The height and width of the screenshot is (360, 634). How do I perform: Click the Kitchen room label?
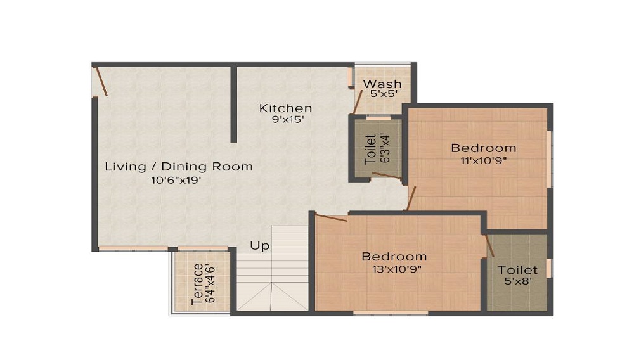(x=285, y=108)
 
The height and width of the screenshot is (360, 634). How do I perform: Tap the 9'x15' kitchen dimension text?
(x=285, y=119)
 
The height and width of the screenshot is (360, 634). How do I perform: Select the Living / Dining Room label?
(x=179, y=167)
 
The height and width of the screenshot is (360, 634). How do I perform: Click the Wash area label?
(x=382, y=84)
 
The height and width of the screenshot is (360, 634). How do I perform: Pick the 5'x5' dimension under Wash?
(x=383, y=94)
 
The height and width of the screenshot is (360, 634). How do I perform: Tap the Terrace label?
(x=197, y=283)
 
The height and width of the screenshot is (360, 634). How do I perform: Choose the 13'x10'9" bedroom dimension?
(x=394, y=268)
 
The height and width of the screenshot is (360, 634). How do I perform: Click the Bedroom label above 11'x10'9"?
(x=483, y=148)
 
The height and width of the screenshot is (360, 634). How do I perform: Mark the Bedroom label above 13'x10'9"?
(x=394, y=257)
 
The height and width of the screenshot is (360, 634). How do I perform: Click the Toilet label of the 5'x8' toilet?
(x=517, y=270)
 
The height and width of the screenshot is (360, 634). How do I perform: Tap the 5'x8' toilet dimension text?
(x=517, y=281)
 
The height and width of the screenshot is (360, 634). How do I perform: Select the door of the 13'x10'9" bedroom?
(x=330, y=218)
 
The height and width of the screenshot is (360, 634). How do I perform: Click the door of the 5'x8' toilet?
(x=489, y=245)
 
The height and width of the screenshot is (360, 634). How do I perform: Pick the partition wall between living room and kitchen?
(x=233, y=105)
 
